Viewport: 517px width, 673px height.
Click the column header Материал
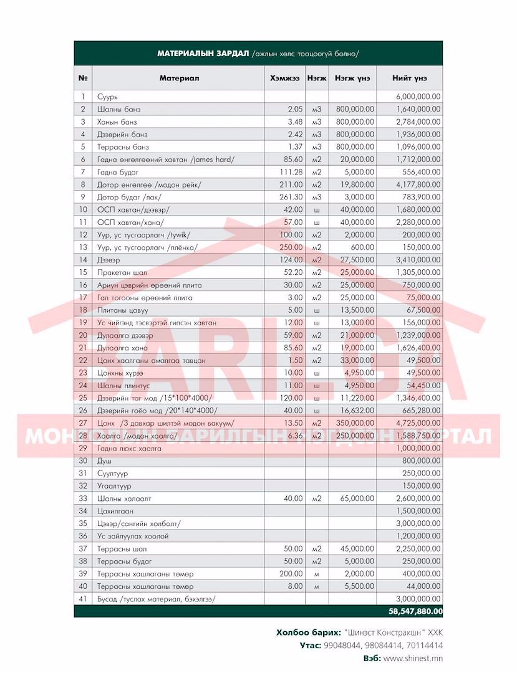coord(179,78)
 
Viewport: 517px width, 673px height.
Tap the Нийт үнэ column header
coord(409,78)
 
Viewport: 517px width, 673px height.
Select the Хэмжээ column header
coord(285,78)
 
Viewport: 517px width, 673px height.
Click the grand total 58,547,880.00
coord(414,612)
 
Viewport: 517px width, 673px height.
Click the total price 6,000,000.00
coord(418,97)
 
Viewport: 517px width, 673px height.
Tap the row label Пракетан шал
coord(122,272)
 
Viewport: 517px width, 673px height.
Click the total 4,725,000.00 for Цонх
coord(418,423)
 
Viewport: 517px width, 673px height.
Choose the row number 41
coord(82,599)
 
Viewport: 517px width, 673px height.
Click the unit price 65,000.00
coord(355,499)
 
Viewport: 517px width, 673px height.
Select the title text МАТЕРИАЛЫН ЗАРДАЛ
coord(203,53)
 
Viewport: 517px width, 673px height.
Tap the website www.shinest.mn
coord(413,658)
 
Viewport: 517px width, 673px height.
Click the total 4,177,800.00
coord(418,184)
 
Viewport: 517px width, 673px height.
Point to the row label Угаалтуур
coord(114,486)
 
